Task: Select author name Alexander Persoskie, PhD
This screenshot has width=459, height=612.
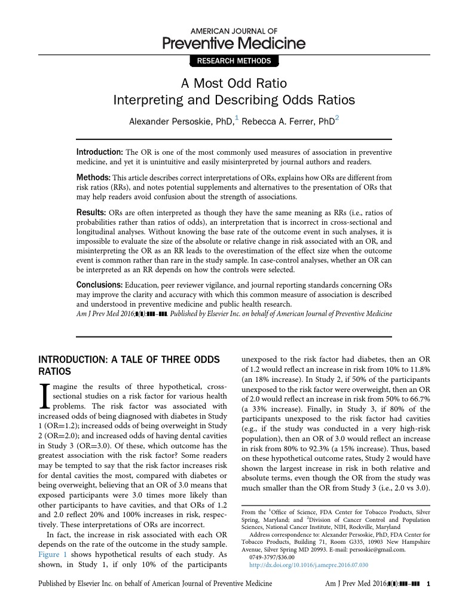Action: pyautogui.click(x=181, y=121)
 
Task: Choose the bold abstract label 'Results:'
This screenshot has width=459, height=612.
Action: pyautogui.click(x=91, y=213)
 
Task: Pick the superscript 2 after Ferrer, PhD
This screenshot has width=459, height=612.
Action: pyautogui.click(x=336, y=118)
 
